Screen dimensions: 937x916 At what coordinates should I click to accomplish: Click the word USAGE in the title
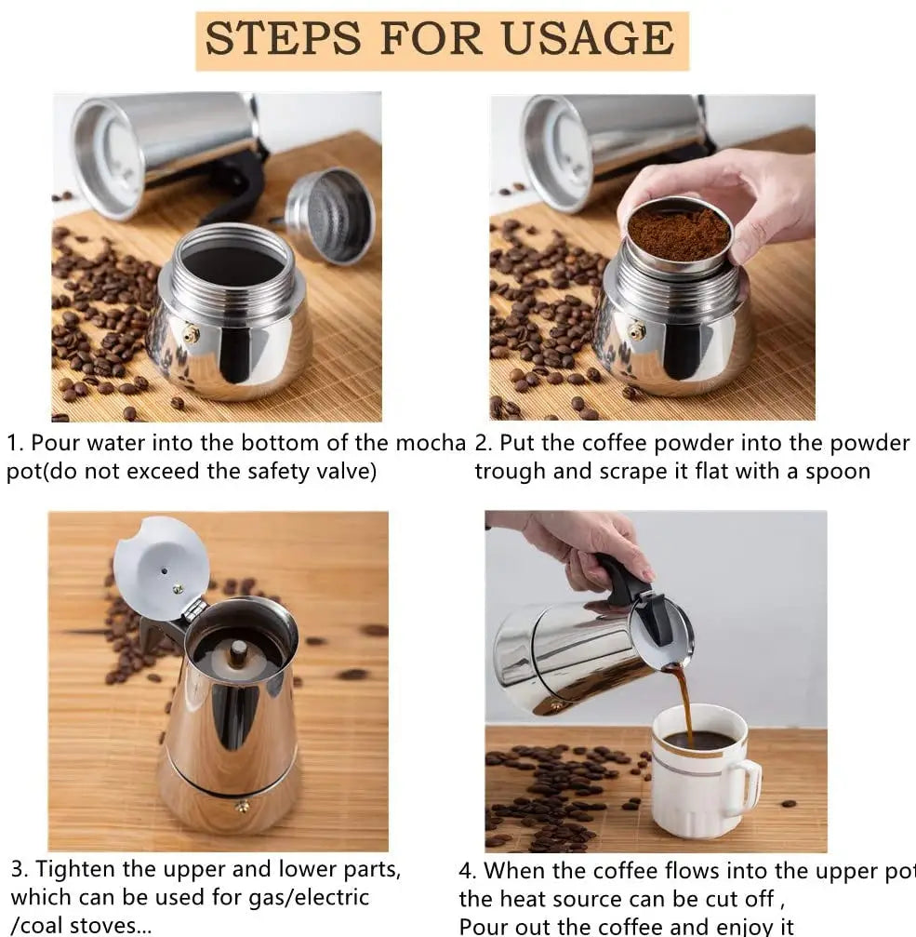pyautogui.click(x=588, y=39)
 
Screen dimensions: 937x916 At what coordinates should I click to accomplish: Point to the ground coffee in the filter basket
pyautogui.click(x=678, y=233)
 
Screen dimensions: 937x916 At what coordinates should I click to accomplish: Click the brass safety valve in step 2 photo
pyautogui.click(x=637, y=330)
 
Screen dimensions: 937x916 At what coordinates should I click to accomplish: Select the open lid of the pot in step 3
pyautogui.click(x=160, y=568)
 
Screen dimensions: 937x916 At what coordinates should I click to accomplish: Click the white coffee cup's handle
pyautogui.click(x=745, y=788)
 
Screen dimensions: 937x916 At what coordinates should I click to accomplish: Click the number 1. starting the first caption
pyautogui.click(x=16, y=443)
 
